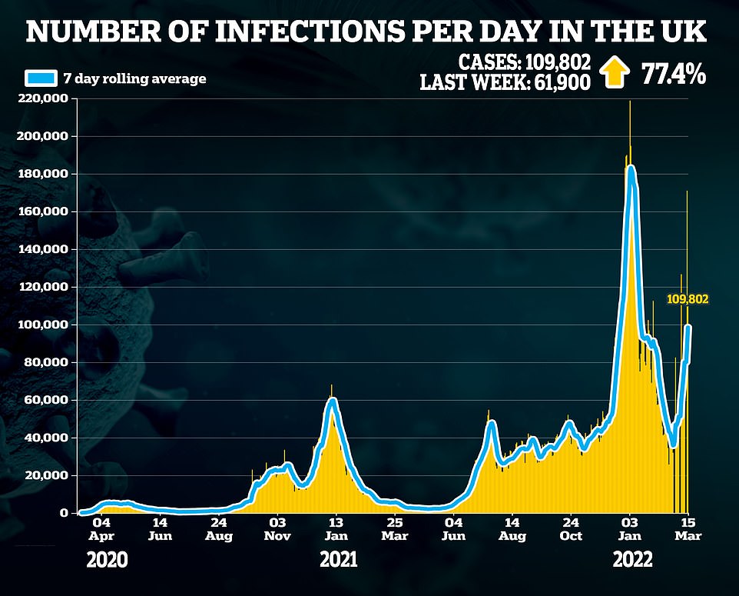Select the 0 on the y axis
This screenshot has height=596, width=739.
click(x=65, y=513)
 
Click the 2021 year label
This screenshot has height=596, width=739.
click(x=339, y=561)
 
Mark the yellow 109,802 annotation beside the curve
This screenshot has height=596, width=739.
click(x=687, y=300)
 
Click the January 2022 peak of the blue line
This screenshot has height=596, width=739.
click(x=631, y=167)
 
